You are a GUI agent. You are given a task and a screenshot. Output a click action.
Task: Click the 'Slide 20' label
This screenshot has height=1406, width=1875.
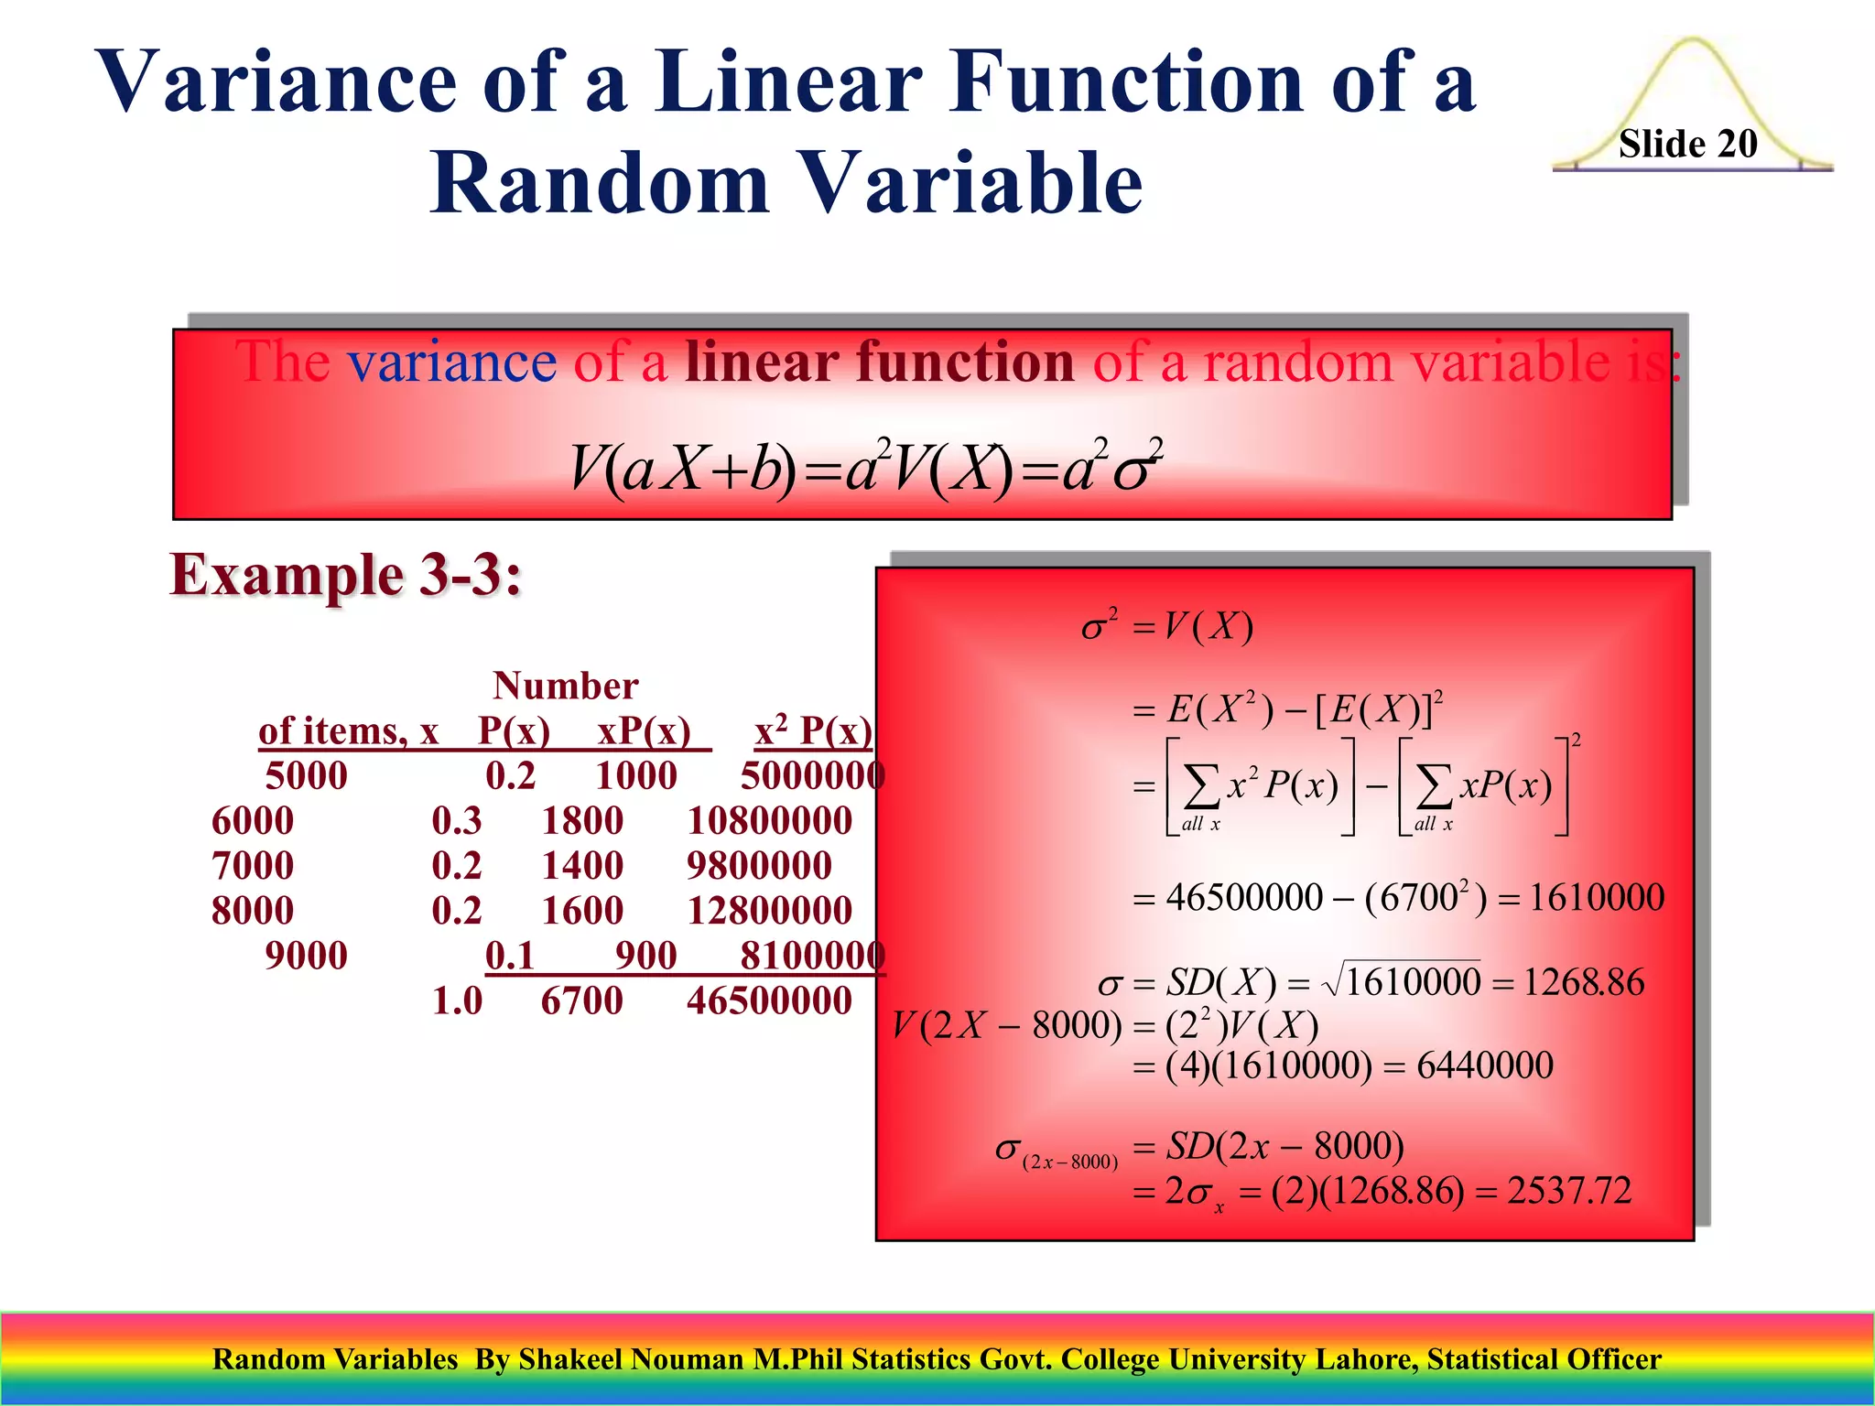[1687, 144]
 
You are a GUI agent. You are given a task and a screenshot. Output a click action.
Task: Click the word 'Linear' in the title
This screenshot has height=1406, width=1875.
[787, 82]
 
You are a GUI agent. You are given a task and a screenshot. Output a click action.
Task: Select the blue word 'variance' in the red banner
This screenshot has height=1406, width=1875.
[451, 362]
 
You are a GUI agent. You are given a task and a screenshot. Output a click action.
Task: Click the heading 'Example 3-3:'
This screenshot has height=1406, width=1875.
[346, 576]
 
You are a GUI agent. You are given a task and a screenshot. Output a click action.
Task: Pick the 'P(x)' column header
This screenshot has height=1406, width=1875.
[514, 731]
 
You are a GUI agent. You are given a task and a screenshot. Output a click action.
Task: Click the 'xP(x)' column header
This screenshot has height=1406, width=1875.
[644, 731]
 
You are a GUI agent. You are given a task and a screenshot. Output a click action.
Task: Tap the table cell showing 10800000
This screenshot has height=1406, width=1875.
[769, 821]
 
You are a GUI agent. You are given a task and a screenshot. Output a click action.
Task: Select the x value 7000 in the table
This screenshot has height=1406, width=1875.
[253, 866]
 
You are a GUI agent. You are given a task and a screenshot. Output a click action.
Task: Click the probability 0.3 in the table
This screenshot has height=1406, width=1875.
[457, 821]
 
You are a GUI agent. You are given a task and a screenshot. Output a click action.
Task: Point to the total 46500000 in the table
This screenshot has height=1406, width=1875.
[769, 1000]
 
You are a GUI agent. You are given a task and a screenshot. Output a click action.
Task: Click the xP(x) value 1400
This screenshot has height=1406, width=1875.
[582, 866]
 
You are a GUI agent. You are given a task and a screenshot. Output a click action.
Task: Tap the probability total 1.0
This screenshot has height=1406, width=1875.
[457, 1000]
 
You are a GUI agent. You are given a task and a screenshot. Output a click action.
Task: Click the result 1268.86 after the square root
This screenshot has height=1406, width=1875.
[1583, 982]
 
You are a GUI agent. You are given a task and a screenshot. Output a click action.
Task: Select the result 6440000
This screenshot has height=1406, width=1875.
[1484, 1065]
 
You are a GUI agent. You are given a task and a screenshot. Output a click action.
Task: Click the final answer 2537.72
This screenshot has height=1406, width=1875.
[1569, 1191]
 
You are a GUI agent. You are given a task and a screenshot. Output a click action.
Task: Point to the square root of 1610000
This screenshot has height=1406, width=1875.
[1402, 982]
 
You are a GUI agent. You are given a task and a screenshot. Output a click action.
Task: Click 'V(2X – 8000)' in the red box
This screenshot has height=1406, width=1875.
[1007, 1026]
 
